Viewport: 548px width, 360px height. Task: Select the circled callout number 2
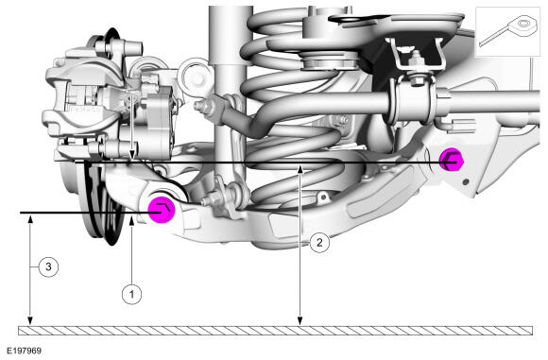point(319,242)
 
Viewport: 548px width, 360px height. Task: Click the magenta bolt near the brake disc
point(162,209)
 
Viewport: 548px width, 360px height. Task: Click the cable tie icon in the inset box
point(506,30)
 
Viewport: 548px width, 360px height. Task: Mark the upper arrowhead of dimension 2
point(300,168)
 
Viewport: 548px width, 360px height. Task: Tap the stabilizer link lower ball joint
point(230,198)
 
